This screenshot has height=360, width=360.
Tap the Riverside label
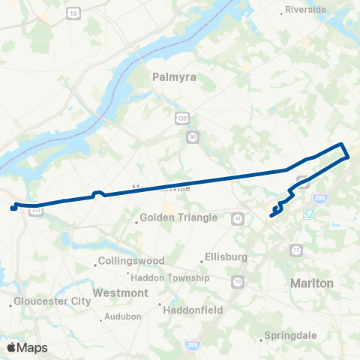[x=307, y=10]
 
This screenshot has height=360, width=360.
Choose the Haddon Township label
[x=178, y=277]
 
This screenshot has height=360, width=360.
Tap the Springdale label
[x=289, y=335]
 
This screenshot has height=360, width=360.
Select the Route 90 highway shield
[x=193, y=136]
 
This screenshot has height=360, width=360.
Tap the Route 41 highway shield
[x=238, y=218]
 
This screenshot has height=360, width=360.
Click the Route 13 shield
[x=73, y=13]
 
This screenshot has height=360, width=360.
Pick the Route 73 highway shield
[x=298, y=249]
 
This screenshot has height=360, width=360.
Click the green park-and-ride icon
[x=308, y=214]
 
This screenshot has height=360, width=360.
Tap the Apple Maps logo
[x=26, y=346]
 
